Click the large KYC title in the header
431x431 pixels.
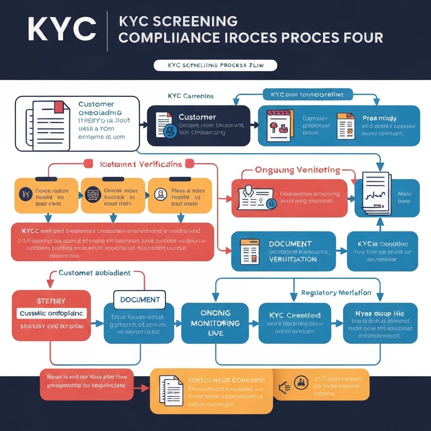[x=62, y=29]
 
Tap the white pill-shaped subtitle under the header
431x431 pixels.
[x=215, y=66]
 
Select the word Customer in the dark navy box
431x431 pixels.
[x=197, y=117]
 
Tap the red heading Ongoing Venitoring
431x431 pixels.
[x=297, y=170]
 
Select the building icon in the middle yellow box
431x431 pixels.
[x=92, y=194]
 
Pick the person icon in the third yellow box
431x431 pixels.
[x=160, y=194]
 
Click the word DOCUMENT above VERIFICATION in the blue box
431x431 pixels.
[x=290, y=244]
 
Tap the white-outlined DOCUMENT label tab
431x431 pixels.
[x=140, y=300]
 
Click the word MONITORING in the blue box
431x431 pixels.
[x=215, y=323]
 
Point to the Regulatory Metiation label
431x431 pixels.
[x=336, y=293]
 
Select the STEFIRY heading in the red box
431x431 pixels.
[x=51, y=301]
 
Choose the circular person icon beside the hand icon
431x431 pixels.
[x=301, y=382]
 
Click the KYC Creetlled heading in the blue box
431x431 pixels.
[x=295, y=315]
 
